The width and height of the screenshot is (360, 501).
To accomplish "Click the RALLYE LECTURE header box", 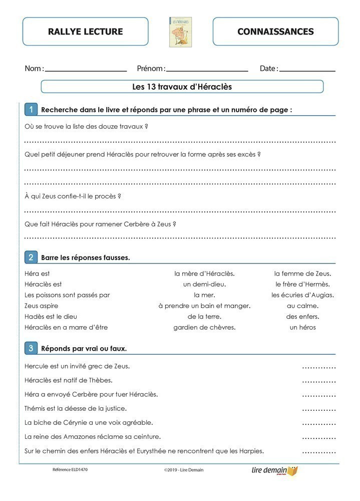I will pos(85,32).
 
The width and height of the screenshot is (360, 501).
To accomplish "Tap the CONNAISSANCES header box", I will pos(275,32).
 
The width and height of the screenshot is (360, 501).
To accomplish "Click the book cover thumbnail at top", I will pos(180,32).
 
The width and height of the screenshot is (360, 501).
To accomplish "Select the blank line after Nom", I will pos(86,70).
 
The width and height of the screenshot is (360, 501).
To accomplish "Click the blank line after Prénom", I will pos(207,70).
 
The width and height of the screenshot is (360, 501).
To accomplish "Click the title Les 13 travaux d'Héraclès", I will pos(182,87).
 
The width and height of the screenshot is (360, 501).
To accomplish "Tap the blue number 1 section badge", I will pos(31,109).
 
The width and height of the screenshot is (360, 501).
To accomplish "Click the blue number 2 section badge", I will pos(31,258).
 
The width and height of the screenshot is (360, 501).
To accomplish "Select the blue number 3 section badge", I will pos(31,348).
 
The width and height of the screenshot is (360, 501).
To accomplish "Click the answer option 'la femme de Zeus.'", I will pos(302,274).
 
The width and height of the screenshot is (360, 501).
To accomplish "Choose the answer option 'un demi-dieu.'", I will pos(204,284).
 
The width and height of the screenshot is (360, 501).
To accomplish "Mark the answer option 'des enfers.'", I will pos(302,317).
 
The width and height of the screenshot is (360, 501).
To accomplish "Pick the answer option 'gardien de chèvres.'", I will pos(204,327).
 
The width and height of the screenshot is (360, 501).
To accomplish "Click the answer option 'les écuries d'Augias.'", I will pos(302,295).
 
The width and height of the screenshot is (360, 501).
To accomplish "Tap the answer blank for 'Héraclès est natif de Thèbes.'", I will pos(319,381).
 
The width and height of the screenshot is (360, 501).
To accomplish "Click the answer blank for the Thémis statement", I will pos(319,410).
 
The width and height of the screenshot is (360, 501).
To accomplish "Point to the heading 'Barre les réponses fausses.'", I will pos(86,258).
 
